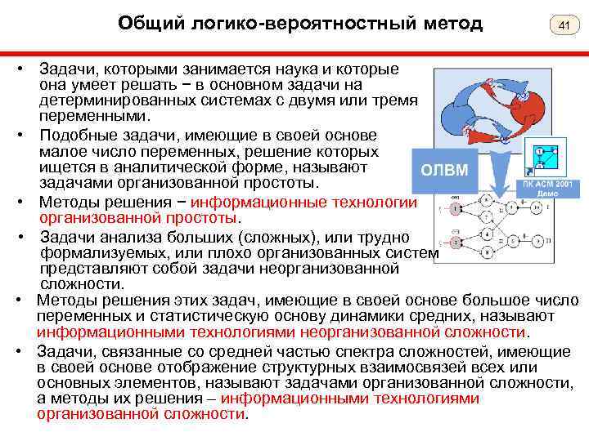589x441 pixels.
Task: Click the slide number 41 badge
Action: click(563, 27)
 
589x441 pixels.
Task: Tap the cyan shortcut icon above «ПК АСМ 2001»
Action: click(541, 160)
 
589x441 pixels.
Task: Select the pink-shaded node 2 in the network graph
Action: click(455, 243)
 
